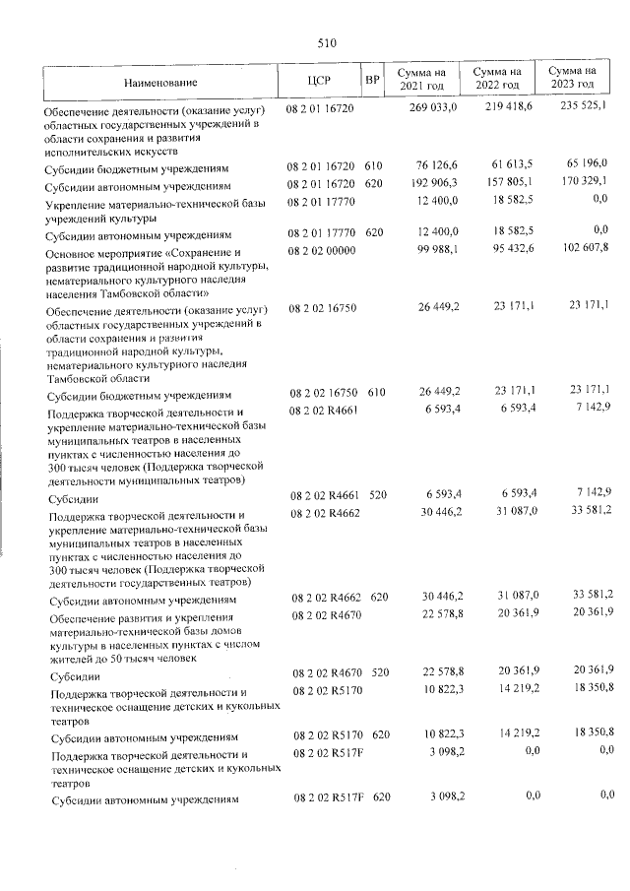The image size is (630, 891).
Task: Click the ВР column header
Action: pyautogui.click(x=371, y=81)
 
